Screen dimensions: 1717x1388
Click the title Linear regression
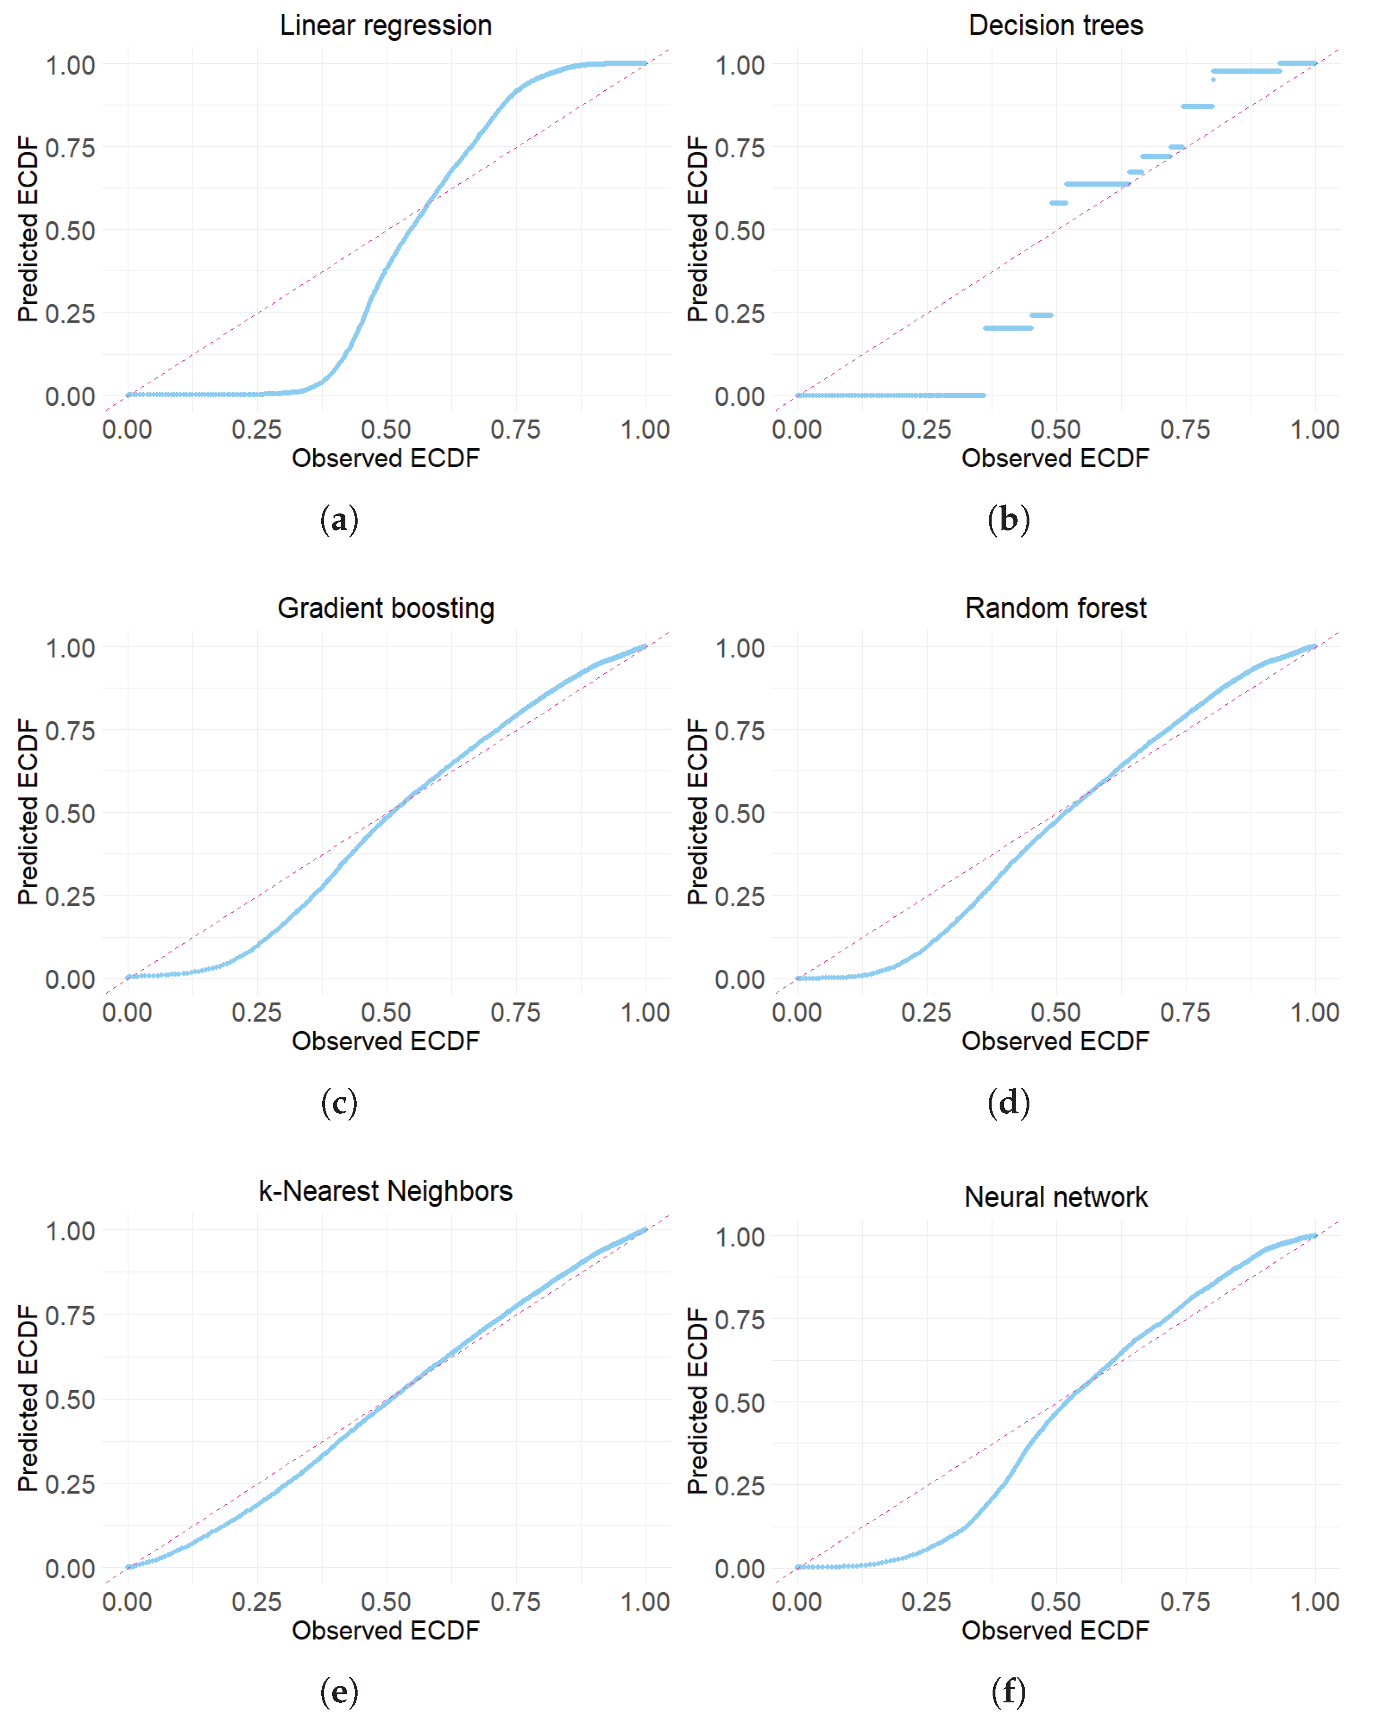(x=386, y=26)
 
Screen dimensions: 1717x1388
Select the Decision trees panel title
(x=1055, y=26)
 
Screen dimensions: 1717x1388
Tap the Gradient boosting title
(x=386, y=608)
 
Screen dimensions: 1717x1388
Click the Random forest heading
(x=1055, y=608)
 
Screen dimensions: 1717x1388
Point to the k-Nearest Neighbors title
(x=386, y=1191)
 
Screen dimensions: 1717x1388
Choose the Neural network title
(x=1055, y=1196)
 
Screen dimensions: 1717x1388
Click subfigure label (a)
(x=339, y=521)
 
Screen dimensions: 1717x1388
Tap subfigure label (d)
(x=1008, y=1103)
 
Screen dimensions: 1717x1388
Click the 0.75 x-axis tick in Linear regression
(x=516, y=430)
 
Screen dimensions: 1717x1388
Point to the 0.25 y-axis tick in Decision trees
(x=739, y=313)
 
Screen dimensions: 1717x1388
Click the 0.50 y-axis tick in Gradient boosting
(x=70, y=814)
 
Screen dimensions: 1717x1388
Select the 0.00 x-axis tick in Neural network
(x=797, y=1602)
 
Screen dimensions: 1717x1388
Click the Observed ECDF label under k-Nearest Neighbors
(x=386, y=1630)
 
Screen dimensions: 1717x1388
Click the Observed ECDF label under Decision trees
(x=1055, y=459)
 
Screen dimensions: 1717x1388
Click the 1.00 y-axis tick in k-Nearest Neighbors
(x=70, y=1231)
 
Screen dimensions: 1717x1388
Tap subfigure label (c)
(x=339, y=1103)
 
